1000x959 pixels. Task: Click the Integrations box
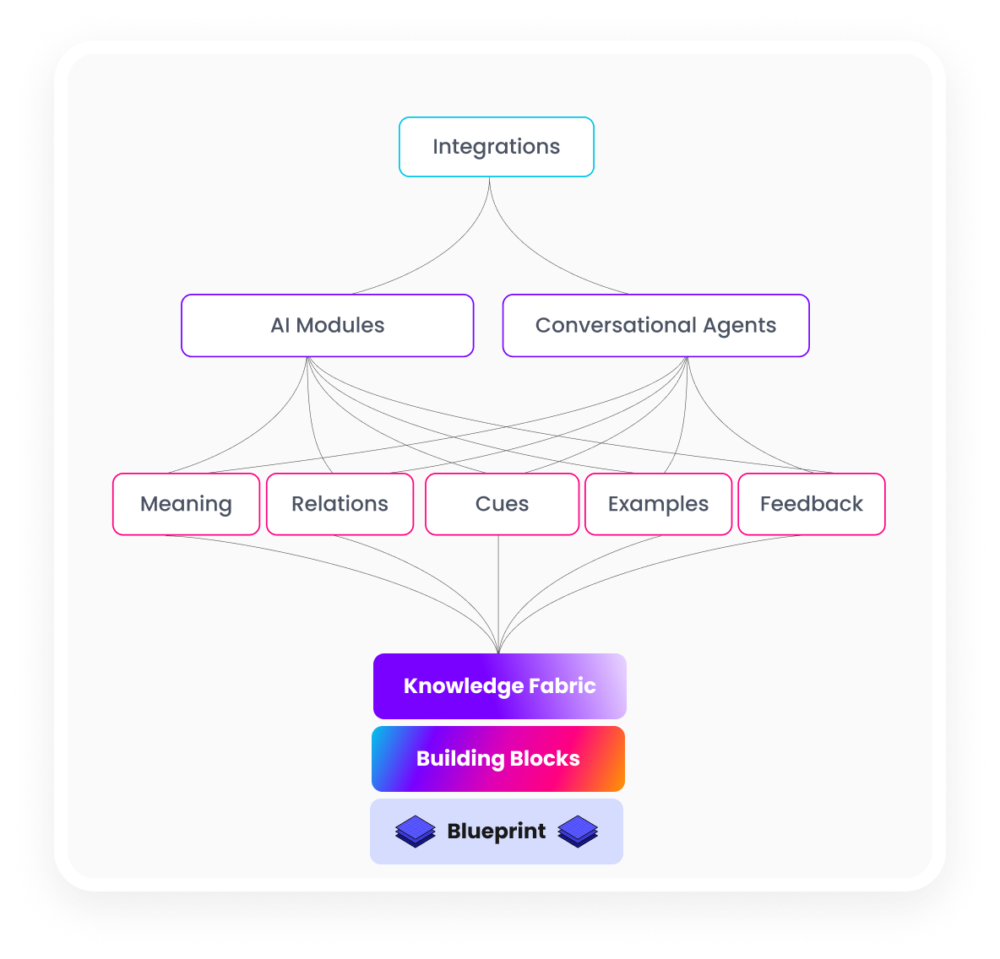coord(497,147)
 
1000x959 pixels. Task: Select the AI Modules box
coord(328,326)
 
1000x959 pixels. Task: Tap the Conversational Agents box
coord(655,326)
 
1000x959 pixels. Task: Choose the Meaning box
coord(186,504)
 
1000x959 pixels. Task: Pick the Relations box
coord(340,504)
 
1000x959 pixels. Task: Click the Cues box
coord(502,504)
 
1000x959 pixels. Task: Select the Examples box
coord(658,504)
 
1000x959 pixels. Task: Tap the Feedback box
coord(811,504)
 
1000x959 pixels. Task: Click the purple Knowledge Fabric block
coord(500,686)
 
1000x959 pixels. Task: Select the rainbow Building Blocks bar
coord(498,759)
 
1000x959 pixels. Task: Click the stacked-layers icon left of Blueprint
coord(416,832)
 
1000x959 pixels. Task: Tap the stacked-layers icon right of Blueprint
coord(578,832)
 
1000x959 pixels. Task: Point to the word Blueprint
coord(497,832)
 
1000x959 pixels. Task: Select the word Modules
coord(340,326)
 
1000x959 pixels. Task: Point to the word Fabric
coord(562,685)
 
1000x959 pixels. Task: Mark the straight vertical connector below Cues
coord(498,591)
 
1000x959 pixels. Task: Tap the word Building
coord(460,759)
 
